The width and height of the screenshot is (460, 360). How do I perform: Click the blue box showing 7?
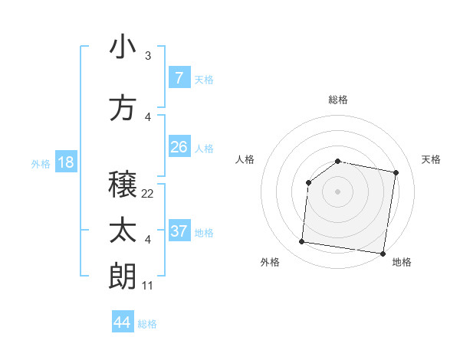coord(179,77)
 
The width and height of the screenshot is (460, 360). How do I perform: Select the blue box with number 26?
coord(179,146)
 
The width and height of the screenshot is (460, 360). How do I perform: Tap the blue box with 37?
coord(179,231)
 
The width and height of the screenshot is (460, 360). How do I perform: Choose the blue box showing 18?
coord(65,162)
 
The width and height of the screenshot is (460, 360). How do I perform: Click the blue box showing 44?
coord(123,322)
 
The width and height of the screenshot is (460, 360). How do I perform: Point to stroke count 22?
coord(147,194)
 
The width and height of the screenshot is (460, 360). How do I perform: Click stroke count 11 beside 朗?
coord(147,286)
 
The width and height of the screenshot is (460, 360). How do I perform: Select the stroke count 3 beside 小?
coord(147,56)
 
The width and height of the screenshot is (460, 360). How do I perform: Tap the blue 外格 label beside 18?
coord(40,163)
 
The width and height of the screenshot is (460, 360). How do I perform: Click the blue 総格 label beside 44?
coord(147,324)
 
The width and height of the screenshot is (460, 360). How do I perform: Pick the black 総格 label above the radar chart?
coord(337,100)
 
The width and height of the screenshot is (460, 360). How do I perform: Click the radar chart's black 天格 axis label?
coord(432,159)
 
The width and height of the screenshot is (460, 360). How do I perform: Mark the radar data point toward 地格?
coord(383,253)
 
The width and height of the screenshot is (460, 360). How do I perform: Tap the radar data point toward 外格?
coord(301,242)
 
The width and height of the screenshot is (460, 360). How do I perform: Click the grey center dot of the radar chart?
coord(337,191)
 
